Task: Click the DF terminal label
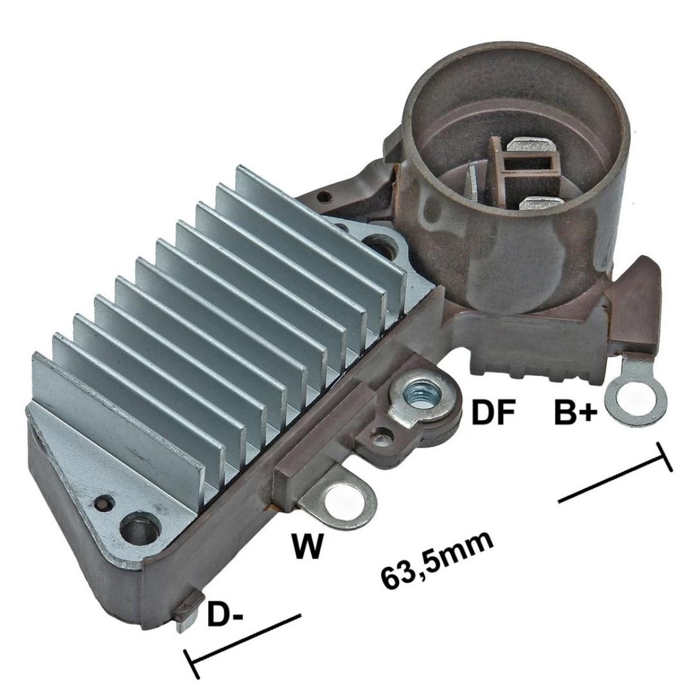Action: [493, 412]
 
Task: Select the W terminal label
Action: [307, 546]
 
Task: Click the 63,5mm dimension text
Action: [436, 560]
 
